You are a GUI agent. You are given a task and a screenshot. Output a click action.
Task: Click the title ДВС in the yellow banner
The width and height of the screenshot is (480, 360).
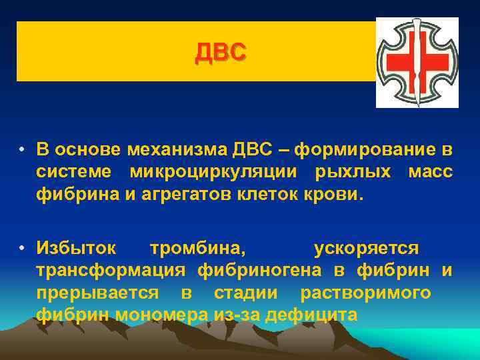tap(221, 51)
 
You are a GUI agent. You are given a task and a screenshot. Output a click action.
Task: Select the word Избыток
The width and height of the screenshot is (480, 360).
tap(77, 248)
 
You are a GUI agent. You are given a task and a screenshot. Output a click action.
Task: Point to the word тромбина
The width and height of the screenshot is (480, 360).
tap(197, 248)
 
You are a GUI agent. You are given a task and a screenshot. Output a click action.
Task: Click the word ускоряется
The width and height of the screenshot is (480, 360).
tap(366, 248)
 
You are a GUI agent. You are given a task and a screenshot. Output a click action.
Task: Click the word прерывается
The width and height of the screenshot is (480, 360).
tap(97, 293)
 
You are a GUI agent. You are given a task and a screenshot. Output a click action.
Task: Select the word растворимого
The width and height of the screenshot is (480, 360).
tap(365, 293)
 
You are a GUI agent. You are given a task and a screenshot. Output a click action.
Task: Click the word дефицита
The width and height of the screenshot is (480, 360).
tap(311, 314)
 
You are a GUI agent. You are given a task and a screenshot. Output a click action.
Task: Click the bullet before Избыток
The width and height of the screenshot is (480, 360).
tap(23, 249)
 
